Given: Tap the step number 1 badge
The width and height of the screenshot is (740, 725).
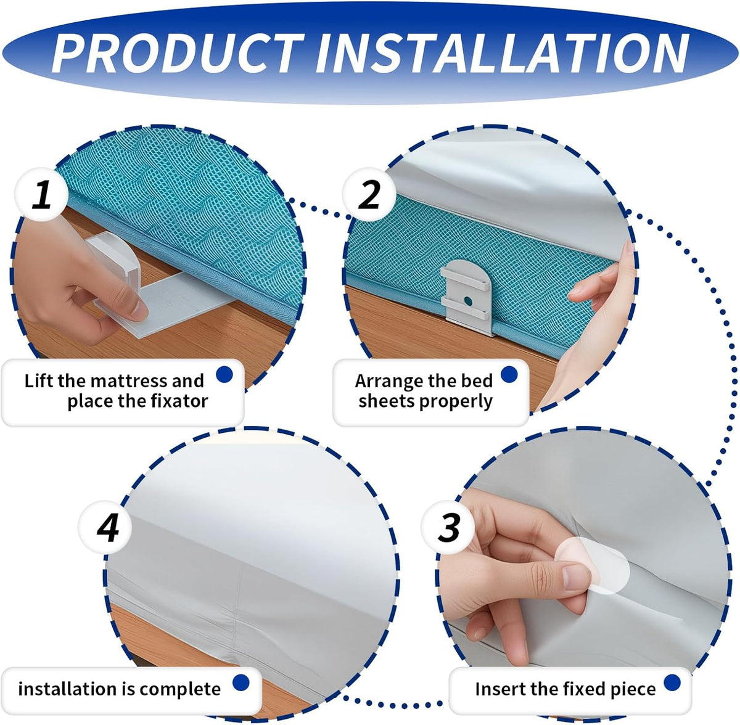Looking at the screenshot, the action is point(41,194).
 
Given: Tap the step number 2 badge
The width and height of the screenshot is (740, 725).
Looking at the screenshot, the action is point(369,194).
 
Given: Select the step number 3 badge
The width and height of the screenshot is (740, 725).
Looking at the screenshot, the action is point(448,527).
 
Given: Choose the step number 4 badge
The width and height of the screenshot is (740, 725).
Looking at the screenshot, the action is point(105,527).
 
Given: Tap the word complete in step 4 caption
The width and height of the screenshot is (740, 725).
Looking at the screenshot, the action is point(180,690).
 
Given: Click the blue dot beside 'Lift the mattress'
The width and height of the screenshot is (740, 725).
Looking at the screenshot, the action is point(224,374).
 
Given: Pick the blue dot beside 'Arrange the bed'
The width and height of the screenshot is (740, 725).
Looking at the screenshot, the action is point(509,374).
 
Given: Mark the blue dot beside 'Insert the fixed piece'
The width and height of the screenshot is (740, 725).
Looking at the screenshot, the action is point(672,682).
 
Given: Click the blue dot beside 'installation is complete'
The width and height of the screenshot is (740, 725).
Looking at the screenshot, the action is point(241,682).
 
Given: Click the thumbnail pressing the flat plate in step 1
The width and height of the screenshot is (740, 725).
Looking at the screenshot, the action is point(138,311).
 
